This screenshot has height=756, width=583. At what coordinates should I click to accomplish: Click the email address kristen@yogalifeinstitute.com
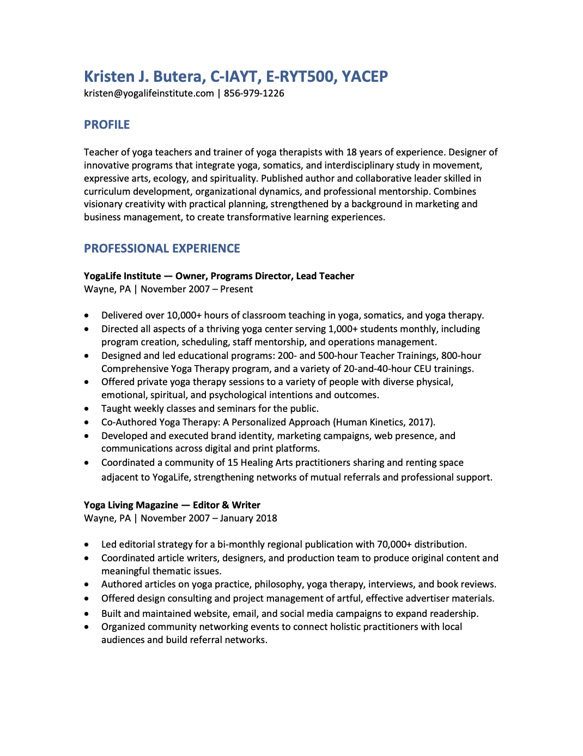tap(149, 93)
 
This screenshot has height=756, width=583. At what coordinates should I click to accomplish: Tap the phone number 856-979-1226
tap(254, 93)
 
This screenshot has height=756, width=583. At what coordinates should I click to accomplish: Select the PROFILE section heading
tap(107, 125)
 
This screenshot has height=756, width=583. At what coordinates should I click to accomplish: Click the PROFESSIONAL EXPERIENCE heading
tap(162, 249)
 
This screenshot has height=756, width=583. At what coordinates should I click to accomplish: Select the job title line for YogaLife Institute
tap(219, 276)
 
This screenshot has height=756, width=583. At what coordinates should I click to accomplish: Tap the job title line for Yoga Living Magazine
tap(172, 505)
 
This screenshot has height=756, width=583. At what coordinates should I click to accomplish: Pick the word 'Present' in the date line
tap(236, 289)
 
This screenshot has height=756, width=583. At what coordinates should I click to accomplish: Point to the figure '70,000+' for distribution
tap(394, 544)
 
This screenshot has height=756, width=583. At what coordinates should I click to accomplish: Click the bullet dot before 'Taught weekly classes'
tap(87, 409)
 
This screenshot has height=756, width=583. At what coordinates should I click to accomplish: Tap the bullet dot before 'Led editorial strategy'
tap(87, 545)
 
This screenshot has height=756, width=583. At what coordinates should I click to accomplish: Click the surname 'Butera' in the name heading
tap(179, 76)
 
